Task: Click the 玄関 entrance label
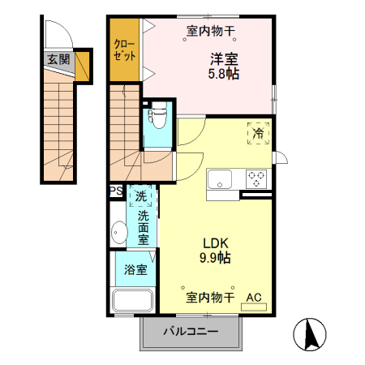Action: (x=58, y=58)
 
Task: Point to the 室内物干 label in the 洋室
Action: (x=211, y=32)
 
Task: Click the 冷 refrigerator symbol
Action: (x=258, y=132)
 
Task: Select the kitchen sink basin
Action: (x=221, y=178)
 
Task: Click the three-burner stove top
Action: (x=258, y=178)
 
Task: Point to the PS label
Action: (x=115, y=192)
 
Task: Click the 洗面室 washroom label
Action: (x=143, y=228)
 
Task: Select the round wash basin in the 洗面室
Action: (x=118, y=234)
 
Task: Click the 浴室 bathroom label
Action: (x=135, y=269)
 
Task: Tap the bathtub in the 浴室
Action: (x=134, y=301)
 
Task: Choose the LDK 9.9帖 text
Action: (x=216, y=250)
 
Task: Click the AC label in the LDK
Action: (x=254, y=298)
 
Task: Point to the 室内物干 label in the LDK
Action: (x=210, y=298)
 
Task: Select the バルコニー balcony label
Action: (x=191, y=331)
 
